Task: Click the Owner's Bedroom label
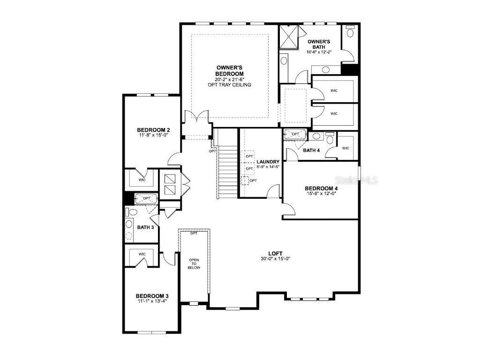tap(229, 71)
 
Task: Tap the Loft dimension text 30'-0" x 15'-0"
tap(275, 259)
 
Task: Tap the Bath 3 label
tap(145, 227)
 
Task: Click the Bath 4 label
tap(311, 150)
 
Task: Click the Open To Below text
tap(194, 263)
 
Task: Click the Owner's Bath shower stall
tap(288, 37)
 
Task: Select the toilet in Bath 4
tap(330, 138)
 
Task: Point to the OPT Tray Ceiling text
tap(229, 85)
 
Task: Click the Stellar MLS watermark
tap(356, 180)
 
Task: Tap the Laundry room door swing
tap(273, 191)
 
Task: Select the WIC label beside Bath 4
tap(345, 148)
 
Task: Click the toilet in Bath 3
tap(132, 211)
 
